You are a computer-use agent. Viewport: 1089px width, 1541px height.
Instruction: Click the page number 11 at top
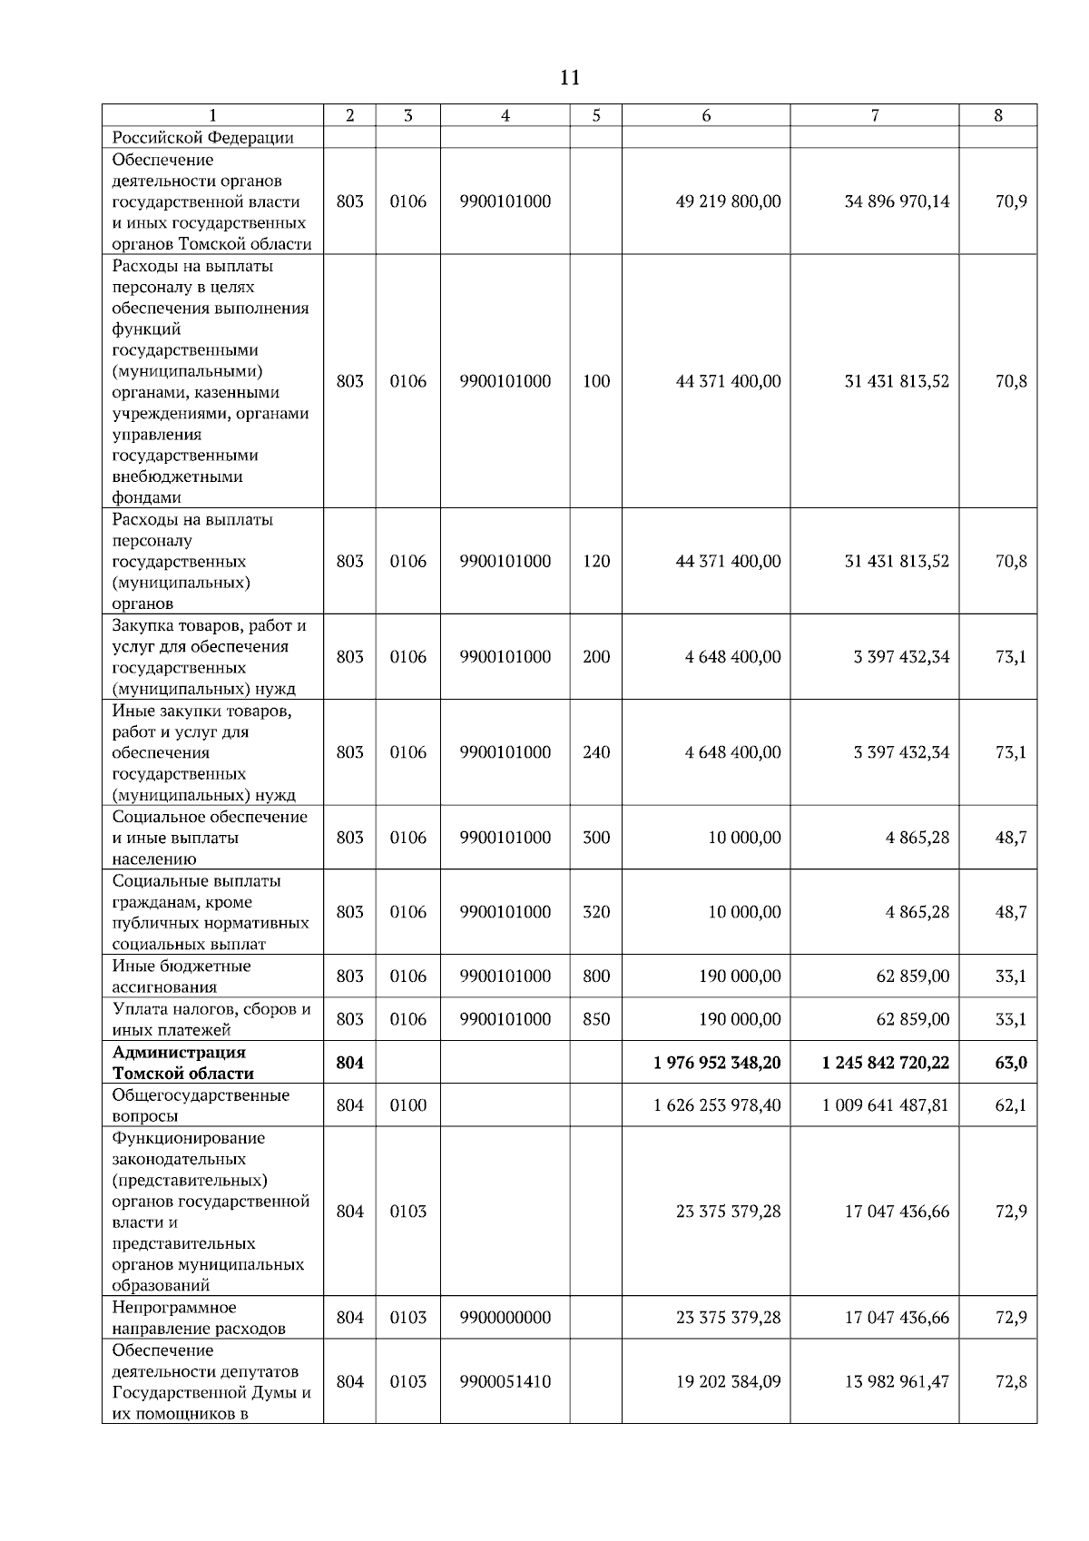pos(569,78)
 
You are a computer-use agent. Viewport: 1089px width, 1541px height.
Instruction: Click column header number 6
pos(706,115)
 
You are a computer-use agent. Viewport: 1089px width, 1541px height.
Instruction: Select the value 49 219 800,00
pos(728,201)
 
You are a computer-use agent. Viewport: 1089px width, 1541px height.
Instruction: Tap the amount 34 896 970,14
pos(897,201)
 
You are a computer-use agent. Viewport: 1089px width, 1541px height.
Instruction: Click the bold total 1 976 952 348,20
pos(717,1063)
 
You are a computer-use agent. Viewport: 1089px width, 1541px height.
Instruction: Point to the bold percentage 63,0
pos(1011,1063)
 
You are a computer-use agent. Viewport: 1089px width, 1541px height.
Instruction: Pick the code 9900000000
pos(505,1318)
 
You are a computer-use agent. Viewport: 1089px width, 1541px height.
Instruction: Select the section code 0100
pos(407,1105)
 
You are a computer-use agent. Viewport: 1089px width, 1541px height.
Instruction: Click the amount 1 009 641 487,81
pos(886,1105)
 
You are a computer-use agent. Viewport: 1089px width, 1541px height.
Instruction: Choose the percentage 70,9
pos(1011,201)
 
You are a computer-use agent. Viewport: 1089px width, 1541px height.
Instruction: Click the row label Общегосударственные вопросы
pos(201,1105)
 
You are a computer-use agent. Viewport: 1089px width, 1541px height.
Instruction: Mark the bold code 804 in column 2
pos(350,1063)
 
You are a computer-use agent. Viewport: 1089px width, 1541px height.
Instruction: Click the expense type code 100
pos(596,382)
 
